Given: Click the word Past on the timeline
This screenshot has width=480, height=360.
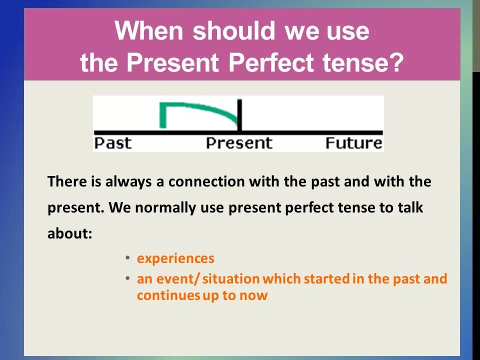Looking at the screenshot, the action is point(112,143).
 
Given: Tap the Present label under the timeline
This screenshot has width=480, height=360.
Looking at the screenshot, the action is point(239,143).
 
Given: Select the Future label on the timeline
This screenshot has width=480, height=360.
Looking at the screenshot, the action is point(353,143).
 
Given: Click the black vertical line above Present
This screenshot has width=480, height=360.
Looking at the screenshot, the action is point(239,115).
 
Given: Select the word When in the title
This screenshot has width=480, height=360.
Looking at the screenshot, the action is point(149,30).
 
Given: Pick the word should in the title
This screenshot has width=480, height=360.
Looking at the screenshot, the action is point(234,30).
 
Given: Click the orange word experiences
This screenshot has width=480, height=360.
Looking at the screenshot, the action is point(175,258).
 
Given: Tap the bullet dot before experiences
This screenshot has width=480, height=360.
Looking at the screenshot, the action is point(127,258).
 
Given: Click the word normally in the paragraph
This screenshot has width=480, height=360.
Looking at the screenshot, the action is point(165,208).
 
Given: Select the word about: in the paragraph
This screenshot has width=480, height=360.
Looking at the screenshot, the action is point(70,233).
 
